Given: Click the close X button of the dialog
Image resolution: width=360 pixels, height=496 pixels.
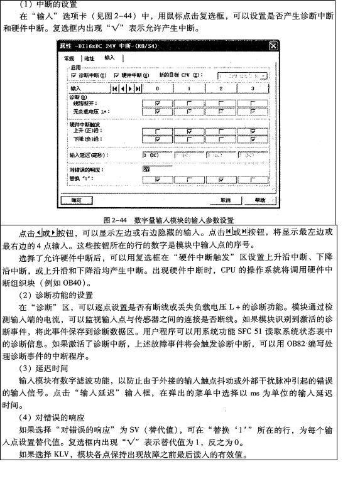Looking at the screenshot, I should click(x=273, y=46).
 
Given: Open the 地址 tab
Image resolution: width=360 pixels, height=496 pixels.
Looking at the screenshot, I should click(x=89, y=58).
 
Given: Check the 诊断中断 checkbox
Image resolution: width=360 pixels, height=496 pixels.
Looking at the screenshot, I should click(x=74, y=75).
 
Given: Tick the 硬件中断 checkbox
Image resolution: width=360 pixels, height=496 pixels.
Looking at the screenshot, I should click(x=117, y=75).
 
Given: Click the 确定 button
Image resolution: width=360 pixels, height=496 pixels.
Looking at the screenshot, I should click(x=76, y=200).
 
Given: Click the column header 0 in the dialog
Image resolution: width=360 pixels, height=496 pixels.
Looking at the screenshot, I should click(x=158, y=89).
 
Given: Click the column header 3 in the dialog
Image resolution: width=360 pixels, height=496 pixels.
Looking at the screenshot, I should click(x=252, y=89).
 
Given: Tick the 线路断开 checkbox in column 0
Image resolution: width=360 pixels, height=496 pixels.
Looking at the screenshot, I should click(x=158, y=104).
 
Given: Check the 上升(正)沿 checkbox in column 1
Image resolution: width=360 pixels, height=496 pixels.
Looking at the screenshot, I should click(x=189, y=131).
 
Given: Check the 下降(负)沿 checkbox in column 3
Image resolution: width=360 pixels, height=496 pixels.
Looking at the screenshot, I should click(x=252, y=139).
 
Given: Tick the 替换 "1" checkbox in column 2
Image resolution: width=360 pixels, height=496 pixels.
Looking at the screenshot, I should click(x=221, y=179).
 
